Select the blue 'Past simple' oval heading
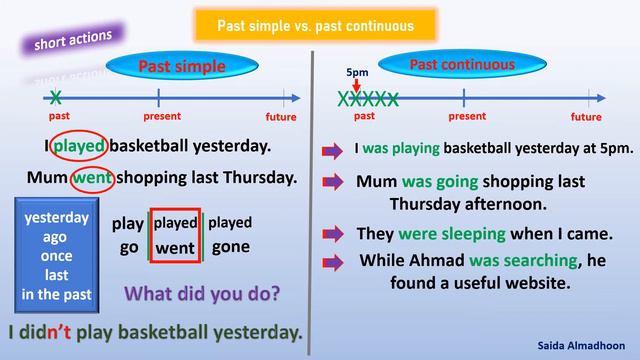[x=181, y=67]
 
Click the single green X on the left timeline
[x=56, y=97]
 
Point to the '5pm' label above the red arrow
[x=357, y=73]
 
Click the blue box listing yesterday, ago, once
[x=56, y=255]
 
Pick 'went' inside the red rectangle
[x=175, y=247]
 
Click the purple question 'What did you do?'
[x=201, y=295]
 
